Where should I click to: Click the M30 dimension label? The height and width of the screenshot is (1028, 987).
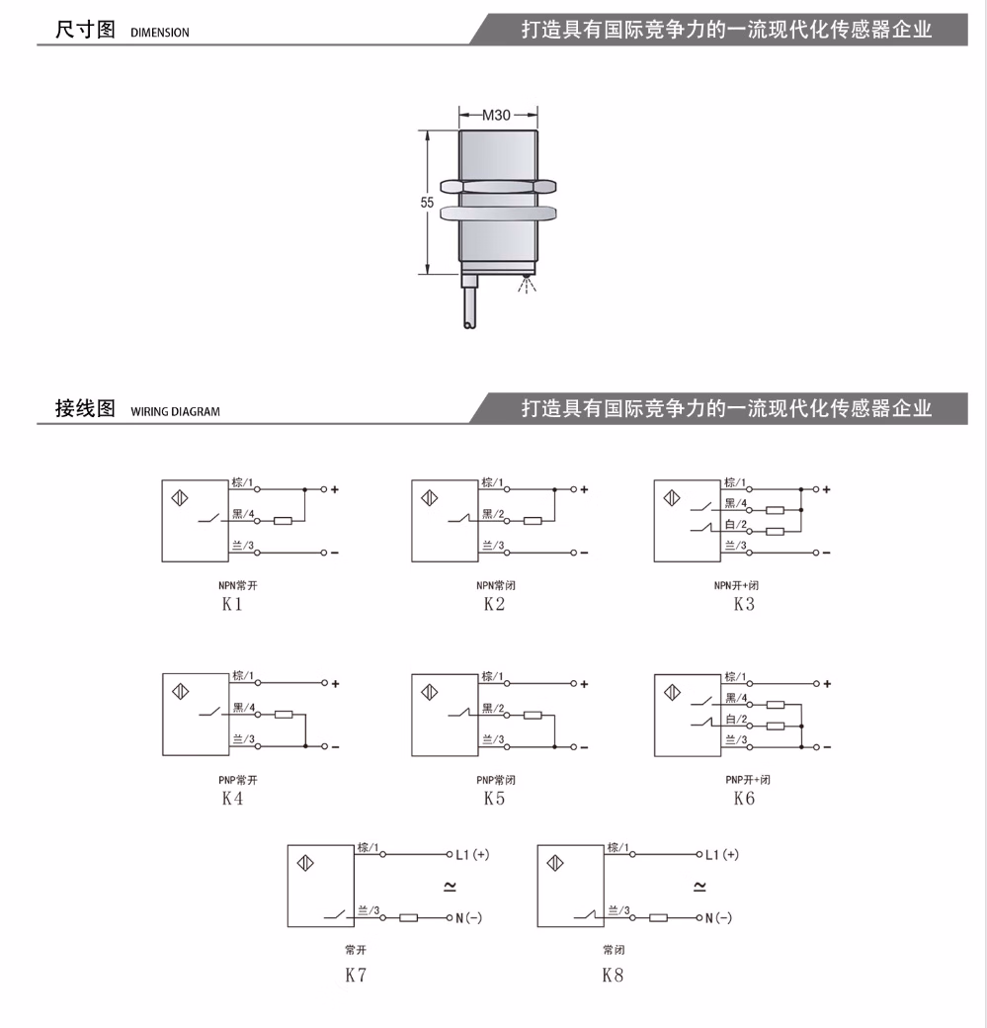pyautogui.click(x=496, y=116)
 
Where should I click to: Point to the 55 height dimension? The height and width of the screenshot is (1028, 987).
pyautogui.click(x=428, y=203)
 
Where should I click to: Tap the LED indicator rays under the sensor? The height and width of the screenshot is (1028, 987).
pyautogui.click(x=527, y=285)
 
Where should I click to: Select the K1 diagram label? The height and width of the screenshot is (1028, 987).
pyautogui.click(x=232, y=605)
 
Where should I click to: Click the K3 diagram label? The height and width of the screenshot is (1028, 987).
pyautogui.click(x=744, y=605)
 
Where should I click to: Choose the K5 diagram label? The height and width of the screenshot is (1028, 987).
pyautogui.click(x=494, y=799)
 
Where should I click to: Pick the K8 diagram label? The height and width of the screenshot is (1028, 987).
pyautogui.click(x=613, y=976)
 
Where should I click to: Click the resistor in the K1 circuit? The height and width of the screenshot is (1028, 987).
pyautogui.click(x=283, y=521)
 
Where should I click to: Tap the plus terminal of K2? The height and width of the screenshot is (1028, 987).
pyautogui.click(x=584, y=489)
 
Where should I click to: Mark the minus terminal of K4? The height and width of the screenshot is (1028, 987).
pyautogui.click(x=335, y=746)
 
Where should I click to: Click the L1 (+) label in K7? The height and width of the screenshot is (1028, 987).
pyautogui.click(x=472, y=855)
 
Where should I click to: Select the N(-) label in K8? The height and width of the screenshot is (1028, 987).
pyautogui.click(x=718, y=918)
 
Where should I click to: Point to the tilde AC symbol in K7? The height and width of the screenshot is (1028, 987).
pyautogui.click(x=450, y=887)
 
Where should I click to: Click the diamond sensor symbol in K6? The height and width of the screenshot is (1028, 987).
pyautogui.click(x=673, y=692)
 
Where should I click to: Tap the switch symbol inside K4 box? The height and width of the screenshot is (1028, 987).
pyautogui.click(x=209, y=712)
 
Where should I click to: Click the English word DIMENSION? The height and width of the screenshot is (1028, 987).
pyautogui.click(x=160, y=32)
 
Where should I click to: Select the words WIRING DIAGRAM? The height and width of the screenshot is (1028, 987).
pyautogui.click(x=175, y=412)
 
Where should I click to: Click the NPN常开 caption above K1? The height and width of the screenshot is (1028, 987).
pyautogui.click(x=238, y=585)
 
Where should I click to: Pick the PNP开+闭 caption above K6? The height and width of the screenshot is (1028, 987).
pyautogui.click(x=748, y=780)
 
